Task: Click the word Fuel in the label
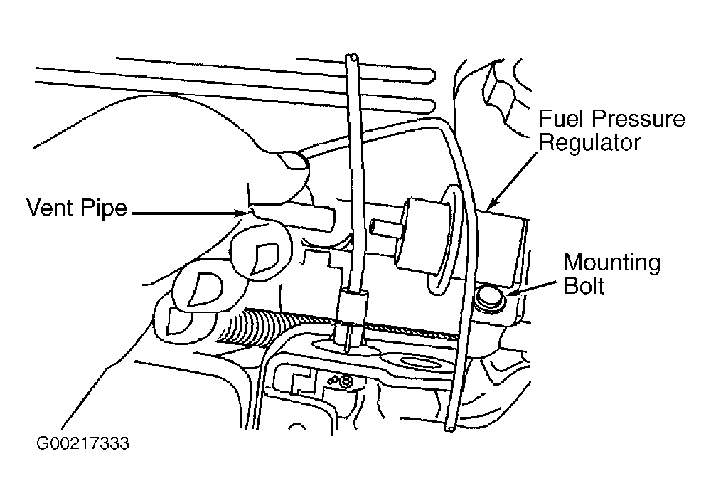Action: coord(560,119)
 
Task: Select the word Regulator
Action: coord(589,143)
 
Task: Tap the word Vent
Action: coord(50,208)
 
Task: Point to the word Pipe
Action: coord(103,208)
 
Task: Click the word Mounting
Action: coord(612,264)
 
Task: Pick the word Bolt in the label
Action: coord(584,286)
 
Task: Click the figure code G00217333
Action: coord(82,443)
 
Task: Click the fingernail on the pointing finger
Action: coord(292,161)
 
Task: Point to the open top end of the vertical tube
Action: coord(352,58)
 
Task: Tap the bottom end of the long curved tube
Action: coord(450,427)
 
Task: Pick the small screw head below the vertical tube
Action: coord(346,382)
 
